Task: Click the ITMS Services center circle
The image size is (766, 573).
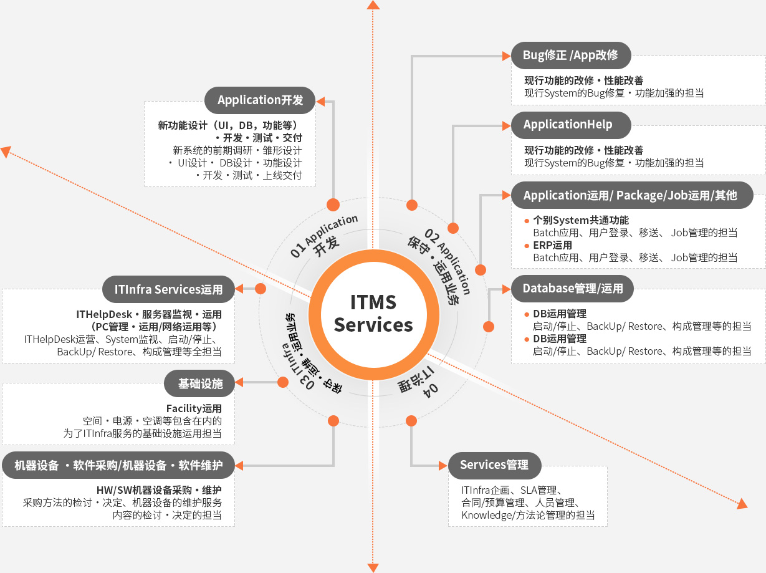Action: pos(373,314)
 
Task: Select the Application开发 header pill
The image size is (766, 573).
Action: pos(260,100)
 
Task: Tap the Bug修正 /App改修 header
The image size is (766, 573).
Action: pos(571,55)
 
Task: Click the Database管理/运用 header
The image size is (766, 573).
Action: pos(572,288)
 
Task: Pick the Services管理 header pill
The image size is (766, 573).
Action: pos(494,465)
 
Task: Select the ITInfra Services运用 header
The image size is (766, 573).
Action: pos(168,289)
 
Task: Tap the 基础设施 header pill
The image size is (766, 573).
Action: pos(199,383)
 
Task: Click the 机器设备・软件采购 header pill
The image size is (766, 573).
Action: pos(118,465)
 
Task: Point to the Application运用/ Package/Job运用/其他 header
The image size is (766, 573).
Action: pos(630,196)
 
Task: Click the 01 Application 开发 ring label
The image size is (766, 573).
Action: pos(325,237)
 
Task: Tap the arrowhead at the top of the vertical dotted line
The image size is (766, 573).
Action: pos(373,5)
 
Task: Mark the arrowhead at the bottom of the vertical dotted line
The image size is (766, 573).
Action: pos(373,567)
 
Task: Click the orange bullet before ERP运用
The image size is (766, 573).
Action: pos(527,245)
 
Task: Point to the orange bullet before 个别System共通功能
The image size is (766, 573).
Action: pos(527,220)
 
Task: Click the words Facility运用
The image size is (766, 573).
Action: pos(194,408)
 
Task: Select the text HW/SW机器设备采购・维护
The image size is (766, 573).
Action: pos(159,489)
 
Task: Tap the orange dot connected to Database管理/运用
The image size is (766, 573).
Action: pos(489,326)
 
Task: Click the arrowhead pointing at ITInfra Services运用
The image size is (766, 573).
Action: pos(241,289)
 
